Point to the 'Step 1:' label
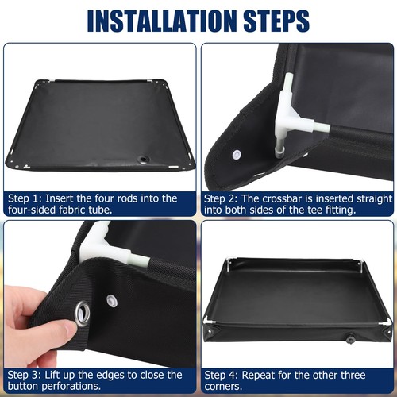point(27,198)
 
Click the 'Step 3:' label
point(27,375)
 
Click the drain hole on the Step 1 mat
point(144,160)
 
